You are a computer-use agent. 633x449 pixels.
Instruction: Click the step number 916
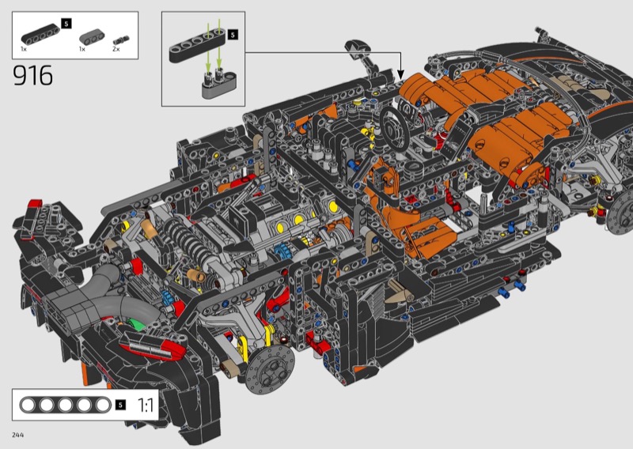click(x=32, y=75)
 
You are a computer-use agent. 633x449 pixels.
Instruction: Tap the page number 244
click(x=17, y=435)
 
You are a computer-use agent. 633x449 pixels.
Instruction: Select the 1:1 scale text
click(x=146, y=405)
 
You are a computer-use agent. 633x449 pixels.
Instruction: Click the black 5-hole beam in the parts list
click(x=40, y=34)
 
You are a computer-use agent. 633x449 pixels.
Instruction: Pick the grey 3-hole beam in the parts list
click(x=92, y=36)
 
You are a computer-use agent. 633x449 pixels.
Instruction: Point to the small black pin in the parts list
click(x=121, y=40)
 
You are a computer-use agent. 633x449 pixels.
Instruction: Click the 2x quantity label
click(x=116, y=49)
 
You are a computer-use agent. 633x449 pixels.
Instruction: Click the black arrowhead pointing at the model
click(x=400, y=74)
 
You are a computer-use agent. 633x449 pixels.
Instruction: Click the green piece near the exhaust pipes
click(x=136, y=324)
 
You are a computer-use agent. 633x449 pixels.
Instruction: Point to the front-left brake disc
click(x=269, y=368)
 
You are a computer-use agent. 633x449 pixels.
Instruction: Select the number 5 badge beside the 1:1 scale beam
click(x=120, y=405)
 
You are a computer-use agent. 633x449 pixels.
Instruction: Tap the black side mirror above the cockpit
click(x=359, y=50)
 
